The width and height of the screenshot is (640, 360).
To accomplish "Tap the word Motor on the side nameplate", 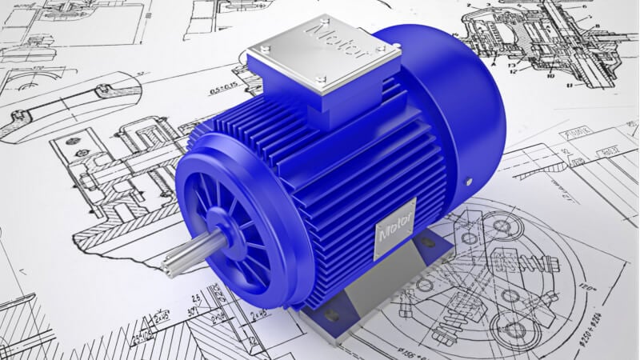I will pos(395,228).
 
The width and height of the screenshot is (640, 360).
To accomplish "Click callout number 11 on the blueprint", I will pos(570,83).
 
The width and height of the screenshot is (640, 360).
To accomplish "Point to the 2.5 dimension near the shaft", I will pos(194,298).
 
